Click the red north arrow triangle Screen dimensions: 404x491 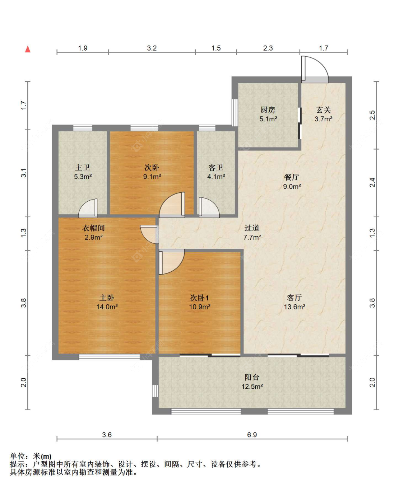point(28,49)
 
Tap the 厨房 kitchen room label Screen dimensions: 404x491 point(268,109)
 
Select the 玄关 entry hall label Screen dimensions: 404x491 point(324,110)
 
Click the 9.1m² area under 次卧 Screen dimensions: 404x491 point(152,177)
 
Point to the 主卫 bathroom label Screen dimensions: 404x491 point(83,167)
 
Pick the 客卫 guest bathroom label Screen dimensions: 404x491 point(216,167)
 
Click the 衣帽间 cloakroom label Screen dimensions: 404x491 point(93,228)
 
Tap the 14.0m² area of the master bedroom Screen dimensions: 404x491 point(107,307)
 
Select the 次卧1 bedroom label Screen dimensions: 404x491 point(200,298)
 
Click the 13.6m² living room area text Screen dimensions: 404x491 point(294,307)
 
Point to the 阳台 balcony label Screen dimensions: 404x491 point(252,377)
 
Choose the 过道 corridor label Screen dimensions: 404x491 point(252,228)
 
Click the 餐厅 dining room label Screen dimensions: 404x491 point(292,177)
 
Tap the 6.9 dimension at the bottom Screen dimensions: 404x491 point(252,435)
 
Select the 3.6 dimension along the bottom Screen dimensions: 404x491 point(107,435)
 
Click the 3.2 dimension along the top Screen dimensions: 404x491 point(152,48)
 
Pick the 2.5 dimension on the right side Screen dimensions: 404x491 point(372,115)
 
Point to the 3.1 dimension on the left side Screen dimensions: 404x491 point(24,173)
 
